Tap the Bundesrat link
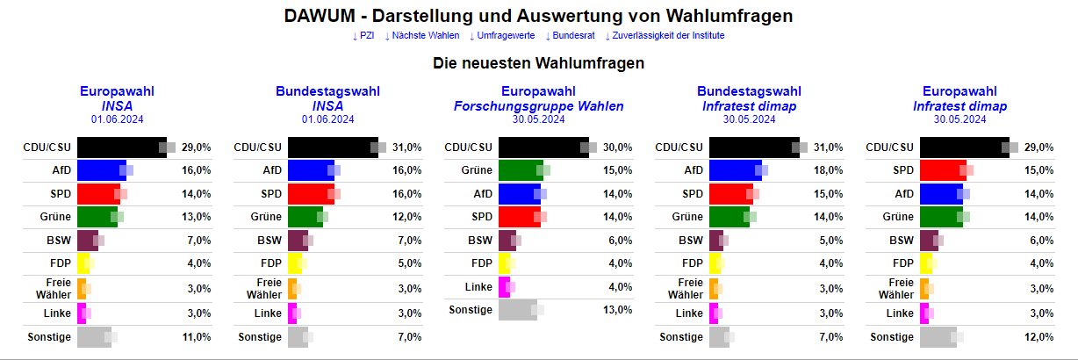pyautogui.click(x=571, y=35)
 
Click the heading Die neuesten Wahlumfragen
pyautogui.click(x=538, y=63)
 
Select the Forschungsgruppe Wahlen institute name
pyautogui.click(x=538, y=106)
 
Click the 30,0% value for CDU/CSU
pyautogui.click(x=618, y=148)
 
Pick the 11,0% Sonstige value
pyautogui.click(x=197, y=337)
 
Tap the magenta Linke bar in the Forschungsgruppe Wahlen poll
pyautogui.click(x=504, y=287)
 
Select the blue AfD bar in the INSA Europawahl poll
pyautogui.click(x=102, y=170)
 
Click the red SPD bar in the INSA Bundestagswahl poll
pyautogui.click(x=311, y=193)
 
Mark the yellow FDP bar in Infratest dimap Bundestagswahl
pyautogui.click(x=715, y=263)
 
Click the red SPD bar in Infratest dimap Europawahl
pyautogui.click(x=943, y=170)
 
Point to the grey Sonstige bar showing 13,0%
pyautogui.click(x=517, y=309)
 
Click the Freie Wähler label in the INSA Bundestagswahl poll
pyautogui.click(x=268, y=287)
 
